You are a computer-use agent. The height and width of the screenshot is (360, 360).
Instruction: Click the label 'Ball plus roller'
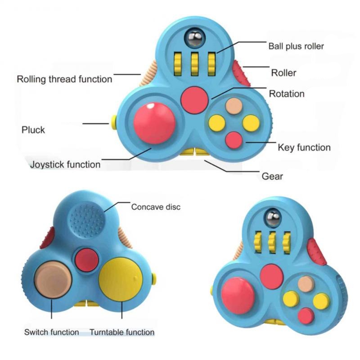[x=296, y=46]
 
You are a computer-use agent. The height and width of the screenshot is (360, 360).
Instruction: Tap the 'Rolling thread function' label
[x=64, y=79]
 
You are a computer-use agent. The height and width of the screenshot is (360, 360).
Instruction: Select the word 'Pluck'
[x=33, y=130]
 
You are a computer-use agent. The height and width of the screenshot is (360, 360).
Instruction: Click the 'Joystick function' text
[x=65, y=165]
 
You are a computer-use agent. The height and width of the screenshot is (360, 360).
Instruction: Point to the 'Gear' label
[x=272, y=176]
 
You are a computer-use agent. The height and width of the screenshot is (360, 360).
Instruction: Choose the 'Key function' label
[x=304, y=148]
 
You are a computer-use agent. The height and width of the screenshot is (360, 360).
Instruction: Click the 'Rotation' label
[x=287, y=94]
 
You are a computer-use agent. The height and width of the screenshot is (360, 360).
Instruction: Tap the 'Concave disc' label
[x=156, y=207]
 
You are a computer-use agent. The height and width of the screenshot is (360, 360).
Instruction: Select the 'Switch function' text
[x=52, y=332]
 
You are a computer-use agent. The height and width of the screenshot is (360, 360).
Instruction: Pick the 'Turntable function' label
[x=122, y=332]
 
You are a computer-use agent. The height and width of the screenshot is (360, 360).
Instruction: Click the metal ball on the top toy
[x=195, y=38]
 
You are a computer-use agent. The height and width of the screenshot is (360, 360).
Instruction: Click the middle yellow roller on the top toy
[x=195, y=64]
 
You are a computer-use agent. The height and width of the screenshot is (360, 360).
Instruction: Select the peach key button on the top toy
[x=234, y=106]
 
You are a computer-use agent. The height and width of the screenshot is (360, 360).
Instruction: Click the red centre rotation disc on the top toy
[x=194, y=100]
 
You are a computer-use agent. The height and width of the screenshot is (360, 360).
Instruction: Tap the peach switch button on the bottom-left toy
[x=53, y=279]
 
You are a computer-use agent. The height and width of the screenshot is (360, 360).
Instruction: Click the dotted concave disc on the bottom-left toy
[x=87, y=220]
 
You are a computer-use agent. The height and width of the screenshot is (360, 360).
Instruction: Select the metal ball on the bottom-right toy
[x=273, y=218]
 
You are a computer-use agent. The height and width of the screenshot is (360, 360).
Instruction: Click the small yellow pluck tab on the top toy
[x=114, y=122]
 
